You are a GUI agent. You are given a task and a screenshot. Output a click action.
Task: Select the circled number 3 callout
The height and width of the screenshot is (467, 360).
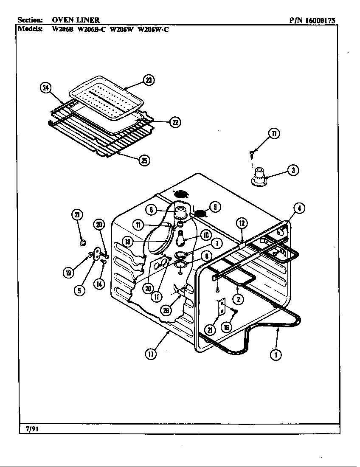(x=293, y=170)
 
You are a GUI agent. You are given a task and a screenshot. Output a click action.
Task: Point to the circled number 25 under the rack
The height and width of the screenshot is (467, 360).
(x=144, y=160)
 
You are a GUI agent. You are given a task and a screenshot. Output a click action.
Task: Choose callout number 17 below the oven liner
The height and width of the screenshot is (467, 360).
(x=151, y=354)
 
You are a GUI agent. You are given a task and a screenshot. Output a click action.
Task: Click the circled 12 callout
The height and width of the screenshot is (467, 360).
(x=241, y=223)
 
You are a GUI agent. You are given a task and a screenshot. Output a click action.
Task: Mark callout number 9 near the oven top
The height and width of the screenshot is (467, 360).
(x=215, y=207)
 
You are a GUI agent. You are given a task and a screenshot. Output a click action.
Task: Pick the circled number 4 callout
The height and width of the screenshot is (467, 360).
(x=299, y=208)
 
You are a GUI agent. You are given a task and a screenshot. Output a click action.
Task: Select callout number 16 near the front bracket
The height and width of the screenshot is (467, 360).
(x=226, y=327)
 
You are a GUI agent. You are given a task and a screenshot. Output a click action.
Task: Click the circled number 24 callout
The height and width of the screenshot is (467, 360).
(x=45, y=88)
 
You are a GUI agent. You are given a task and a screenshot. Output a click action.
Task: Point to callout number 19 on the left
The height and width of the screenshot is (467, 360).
(x=67, y=273)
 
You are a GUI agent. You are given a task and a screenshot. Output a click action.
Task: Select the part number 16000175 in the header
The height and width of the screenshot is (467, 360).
(x=325, y=20)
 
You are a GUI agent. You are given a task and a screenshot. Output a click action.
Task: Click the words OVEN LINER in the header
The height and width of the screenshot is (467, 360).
(x=76, y=20)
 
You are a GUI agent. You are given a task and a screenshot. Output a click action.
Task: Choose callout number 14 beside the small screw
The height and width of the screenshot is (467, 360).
(x=99, y=284)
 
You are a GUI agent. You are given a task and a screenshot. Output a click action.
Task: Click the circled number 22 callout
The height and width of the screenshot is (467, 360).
(x=174, y=122)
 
